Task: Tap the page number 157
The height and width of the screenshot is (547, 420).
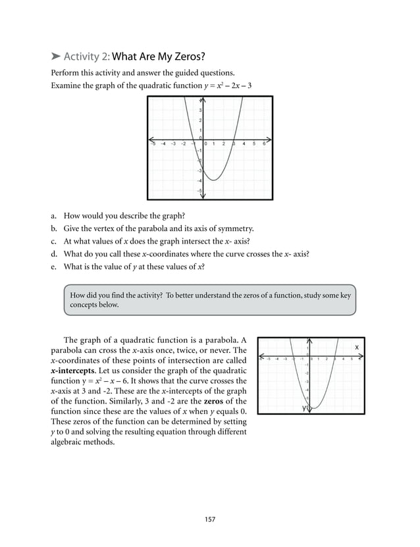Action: [209, 519]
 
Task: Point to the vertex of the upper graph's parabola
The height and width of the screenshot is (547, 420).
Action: [213, 179]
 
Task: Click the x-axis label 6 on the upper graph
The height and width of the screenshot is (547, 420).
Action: [264, 144]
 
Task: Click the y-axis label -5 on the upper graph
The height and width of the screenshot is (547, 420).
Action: [199, 190]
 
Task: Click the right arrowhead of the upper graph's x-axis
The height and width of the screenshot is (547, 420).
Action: [269, 140]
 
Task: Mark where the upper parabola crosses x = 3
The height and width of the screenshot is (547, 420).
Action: [232, 140]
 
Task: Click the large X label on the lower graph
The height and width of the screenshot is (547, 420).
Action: [357, 347]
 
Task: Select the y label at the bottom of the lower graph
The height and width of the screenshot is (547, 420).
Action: [304, 408]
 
